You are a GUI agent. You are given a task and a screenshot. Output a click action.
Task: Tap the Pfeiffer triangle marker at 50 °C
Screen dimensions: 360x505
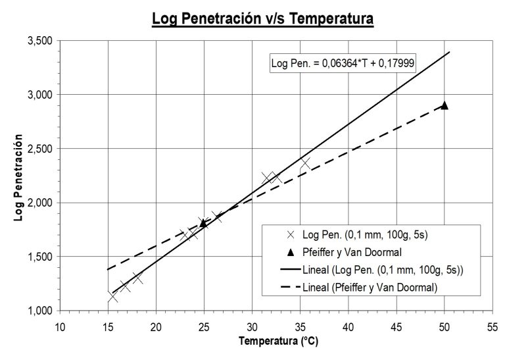[445, 105]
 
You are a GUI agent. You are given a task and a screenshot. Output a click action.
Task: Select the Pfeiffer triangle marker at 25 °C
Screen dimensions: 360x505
[204, 223]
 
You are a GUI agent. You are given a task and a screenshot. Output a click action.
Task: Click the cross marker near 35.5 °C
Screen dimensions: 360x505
[305, 163]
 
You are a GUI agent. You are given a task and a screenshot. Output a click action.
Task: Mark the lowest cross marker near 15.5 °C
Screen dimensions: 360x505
[112, 297]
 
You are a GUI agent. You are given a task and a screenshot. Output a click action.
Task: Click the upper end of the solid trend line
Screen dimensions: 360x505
[449, 51]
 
